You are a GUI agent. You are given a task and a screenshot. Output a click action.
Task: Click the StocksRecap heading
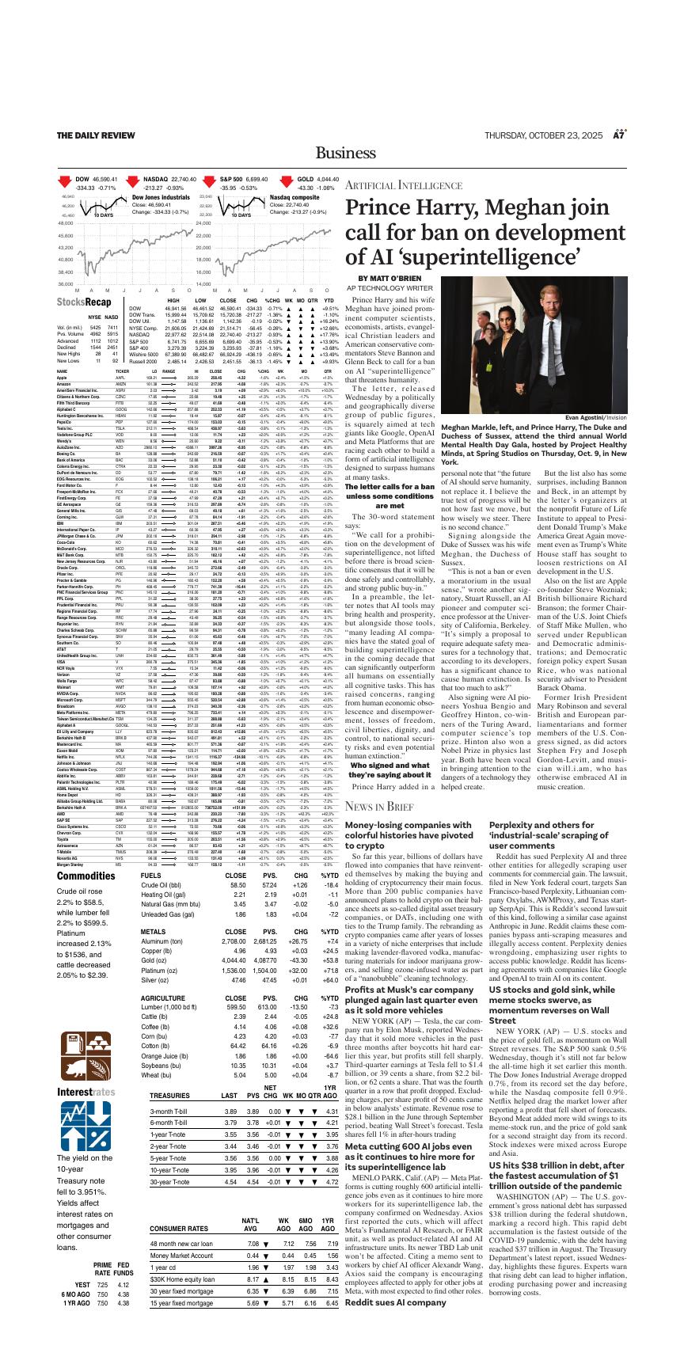[84, 302]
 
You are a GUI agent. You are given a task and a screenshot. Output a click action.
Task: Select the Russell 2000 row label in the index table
[143, 360]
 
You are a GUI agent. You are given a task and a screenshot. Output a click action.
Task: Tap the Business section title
[342, 153]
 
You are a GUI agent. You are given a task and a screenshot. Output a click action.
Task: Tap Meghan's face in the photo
[511, 325]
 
